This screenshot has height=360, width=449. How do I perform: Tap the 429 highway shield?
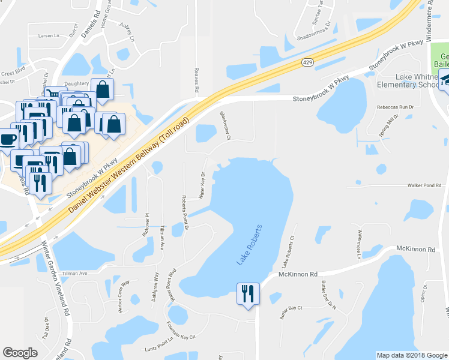pos(307,62)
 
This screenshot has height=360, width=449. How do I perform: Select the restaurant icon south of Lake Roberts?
pos(248,293)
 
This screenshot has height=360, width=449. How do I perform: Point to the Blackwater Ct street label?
pos(225,125)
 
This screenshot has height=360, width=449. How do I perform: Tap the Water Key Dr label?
pos(202,185)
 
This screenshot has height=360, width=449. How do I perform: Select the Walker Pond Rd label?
pos(424,185)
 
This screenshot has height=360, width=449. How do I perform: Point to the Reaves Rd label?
pos(196,80)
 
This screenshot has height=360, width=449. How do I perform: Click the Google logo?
pos(20,353)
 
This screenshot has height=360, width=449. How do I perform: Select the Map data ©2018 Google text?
pos(411,355)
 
